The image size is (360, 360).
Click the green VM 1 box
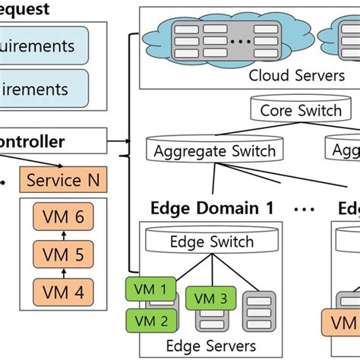coord(151,289)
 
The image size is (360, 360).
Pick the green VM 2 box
coord(151,320)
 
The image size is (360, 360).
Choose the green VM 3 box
coord(211,299)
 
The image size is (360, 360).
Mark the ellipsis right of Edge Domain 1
coord(304,208)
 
